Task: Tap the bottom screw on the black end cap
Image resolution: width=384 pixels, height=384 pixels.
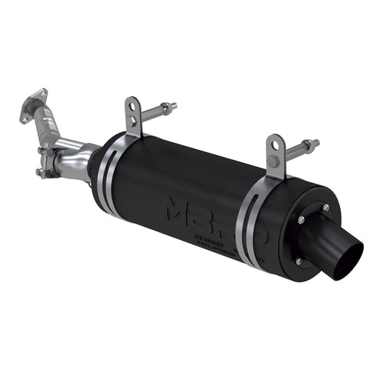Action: (x=298, y=261)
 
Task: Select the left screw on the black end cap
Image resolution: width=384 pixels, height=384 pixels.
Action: (x=300, y=220)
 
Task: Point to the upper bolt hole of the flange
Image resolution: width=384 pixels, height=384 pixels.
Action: (x=43, y=93)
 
